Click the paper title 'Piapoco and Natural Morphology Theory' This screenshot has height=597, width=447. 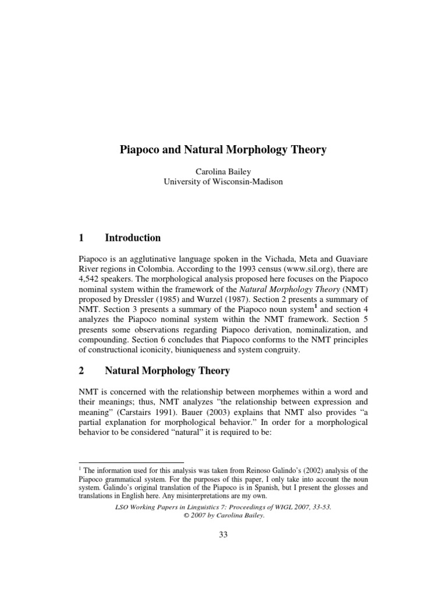(223, 150)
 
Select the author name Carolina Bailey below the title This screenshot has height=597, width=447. (223, 173)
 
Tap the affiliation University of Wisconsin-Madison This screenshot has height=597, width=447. (223, 182)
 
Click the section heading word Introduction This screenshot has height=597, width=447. (133, 238)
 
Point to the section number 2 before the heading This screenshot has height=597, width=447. (81, 371)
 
